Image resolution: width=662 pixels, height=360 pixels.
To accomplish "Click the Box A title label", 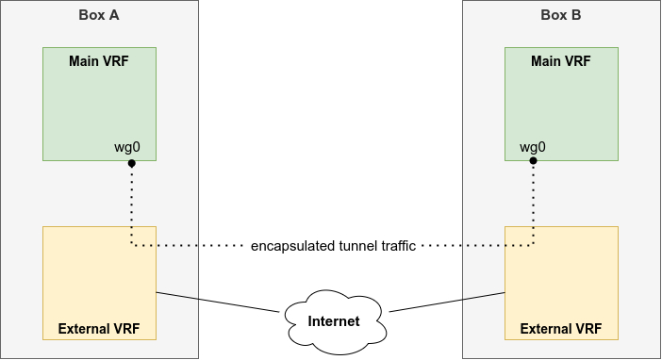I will [99, 15].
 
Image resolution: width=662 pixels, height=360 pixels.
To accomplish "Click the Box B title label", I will [561, 15].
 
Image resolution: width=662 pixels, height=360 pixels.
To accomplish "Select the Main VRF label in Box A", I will [99, 61].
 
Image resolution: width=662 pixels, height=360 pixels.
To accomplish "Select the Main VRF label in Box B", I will [561, 61].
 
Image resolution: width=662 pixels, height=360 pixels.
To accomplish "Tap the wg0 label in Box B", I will [533, 147].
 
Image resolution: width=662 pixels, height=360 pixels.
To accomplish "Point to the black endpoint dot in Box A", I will [132, 163].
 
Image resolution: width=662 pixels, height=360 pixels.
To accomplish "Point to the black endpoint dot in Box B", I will [533, 161].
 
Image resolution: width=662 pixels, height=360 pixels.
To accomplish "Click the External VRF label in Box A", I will [99, 329].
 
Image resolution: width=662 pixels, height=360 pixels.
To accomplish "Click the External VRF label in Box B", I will [561, 329].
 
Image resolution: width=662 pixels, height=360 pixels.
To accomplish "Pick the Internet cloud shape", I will [334, 321].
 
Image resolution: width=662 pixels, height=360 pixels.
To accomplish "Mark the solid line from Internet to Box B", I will [447, 302].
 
